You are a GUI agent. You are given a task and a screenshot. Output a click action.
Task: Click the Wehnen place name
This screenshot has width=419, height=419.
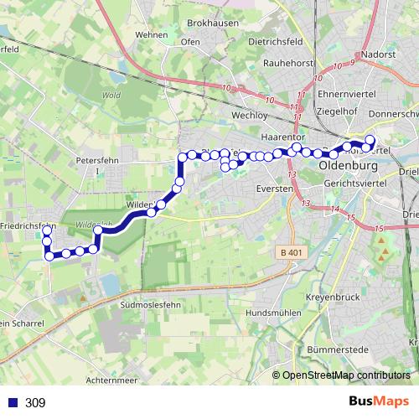pos(151,35)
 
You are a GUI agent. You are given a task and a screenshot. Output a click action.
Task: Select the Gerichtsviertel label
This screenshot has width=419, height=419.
pos(354,182)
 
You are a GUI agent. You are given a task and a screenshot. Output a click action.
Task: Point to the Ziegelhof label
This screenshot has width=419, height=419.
pos(338,110)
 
